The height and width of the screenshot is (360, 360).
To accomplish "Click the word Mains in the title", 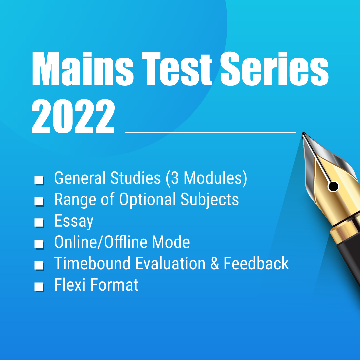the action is pos(82,69).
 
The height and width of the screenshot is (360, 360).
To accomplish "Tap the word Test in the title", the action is pos(177,69).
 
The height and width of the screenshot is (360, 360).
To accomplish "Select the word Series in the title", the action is pos(274,69).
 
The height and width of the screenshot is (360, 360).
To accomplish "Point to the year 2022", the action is pos(73,116).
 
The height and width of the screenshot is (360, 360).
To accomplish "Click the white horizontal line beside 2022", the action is pos(210,132).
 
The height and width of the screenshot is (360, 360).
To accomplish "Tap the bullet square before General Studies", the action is pos(39,180).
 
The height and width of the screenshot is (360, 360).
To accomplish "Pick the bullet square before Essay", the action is pos(39,222).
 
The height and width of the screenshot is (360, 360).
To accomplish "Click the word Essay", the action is pos(74,221).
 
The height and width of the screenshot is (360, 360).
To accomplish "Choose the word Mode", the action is pos(171,242).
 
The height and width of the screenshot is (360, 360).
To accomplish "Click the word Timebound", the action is pos(92,263).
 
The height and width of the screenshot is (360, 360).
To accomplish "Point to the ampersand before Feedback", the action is pos(215,264).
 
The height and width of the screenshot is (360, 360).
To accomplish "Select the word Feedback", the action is pos(256,263).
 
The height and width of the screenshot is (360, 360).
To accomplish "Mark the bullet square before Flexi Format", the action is pos(39,287).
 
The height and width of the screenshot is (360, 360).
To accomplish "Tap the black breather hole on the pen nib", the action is pos(333,186).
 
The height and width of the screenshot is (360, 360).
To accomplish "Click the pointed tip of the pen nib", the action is pos(303,133).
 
